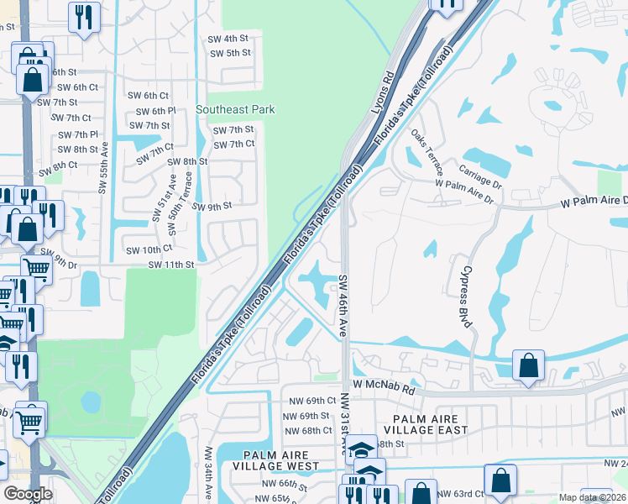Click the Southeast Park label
pos(235,109)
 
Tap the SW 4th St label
pos(228,39)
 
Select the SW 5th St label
pos(230,53)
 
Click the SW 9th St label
pos(212,206)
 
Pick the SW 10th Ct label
pos(149,249)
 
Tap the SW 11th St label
pos(171,265)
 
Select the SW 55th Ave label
pos(105,157)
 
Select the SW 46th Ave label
pos(343,306)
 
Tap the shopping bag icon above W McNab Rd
pos(528,365)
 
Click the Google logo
pos(28,494)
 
